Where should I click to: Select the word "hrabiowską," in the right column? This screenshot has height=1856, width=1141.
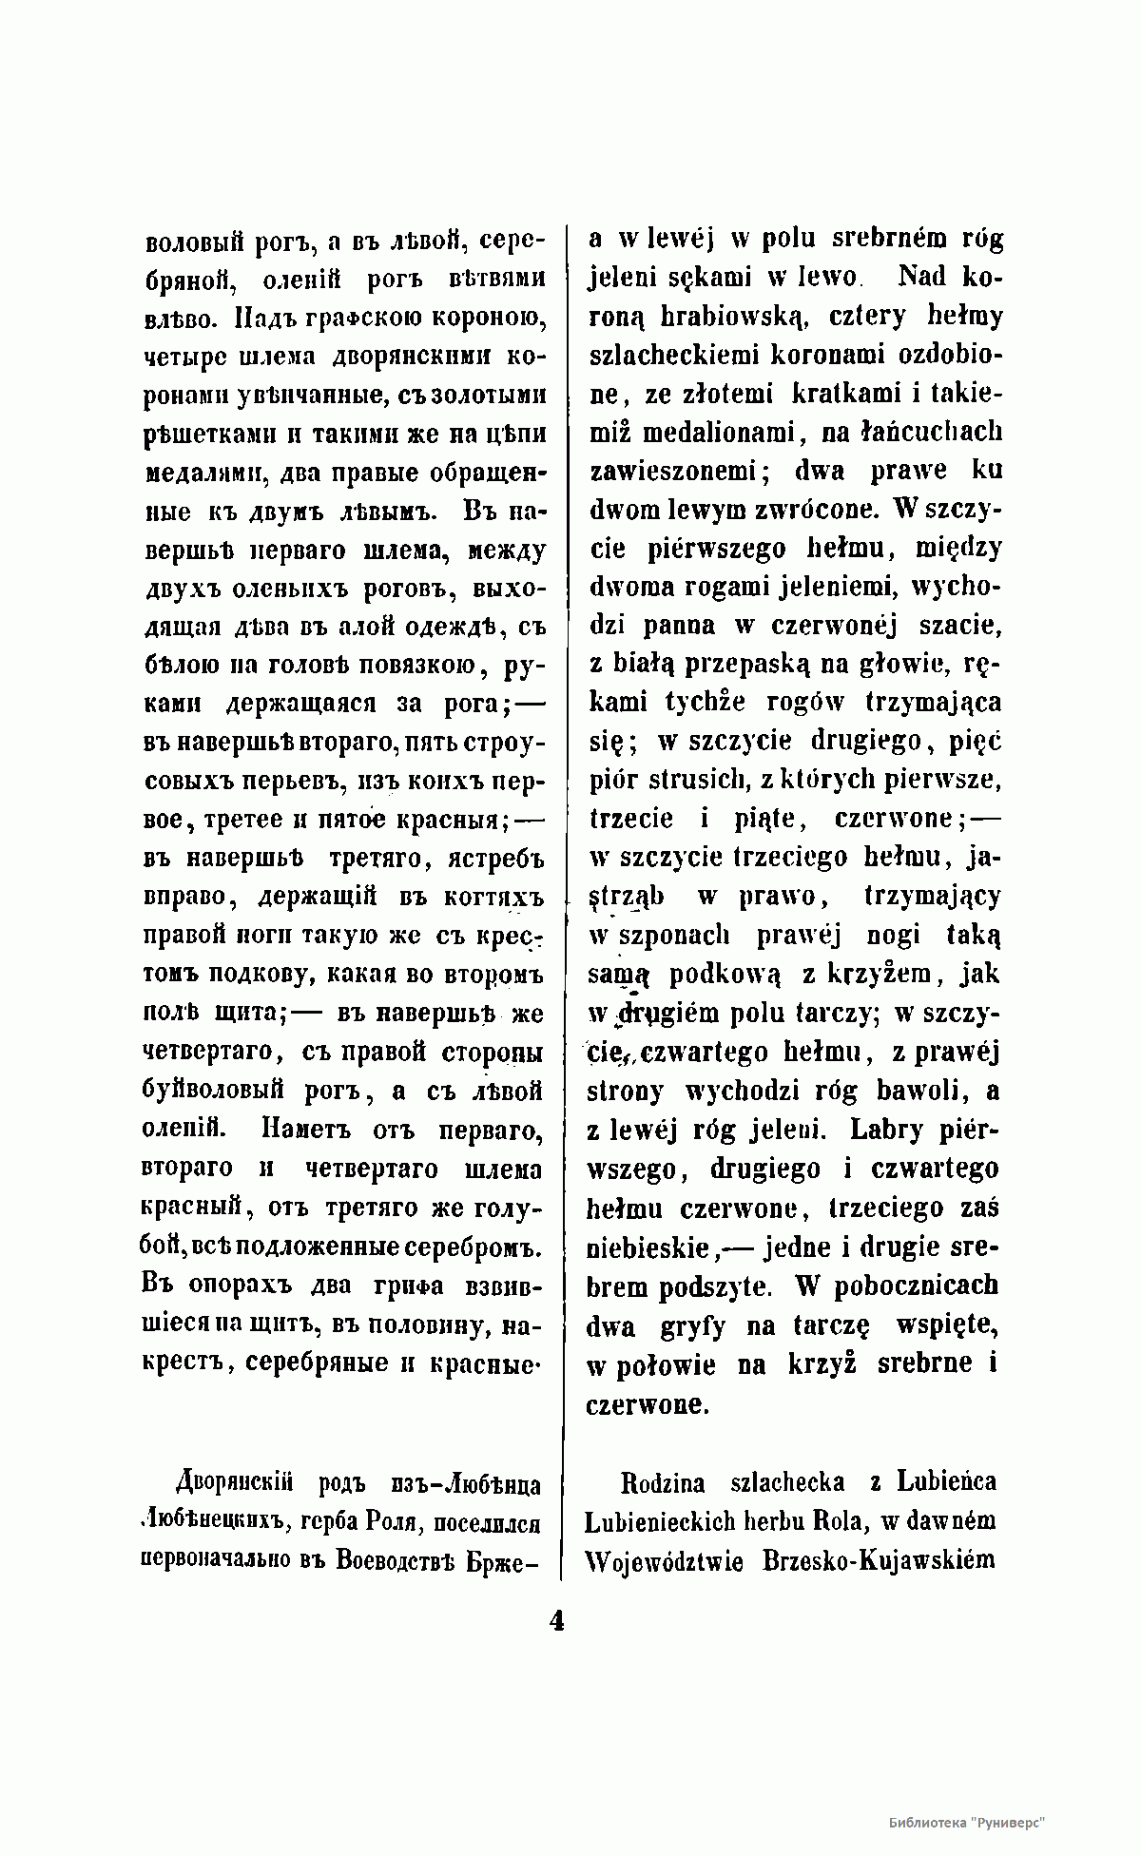699,316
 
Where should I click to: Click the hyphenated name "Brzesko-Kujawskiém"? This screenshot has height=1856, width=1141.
879,1560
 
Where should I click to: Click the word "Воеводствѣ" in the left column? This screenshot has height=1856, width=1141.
399,1561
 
